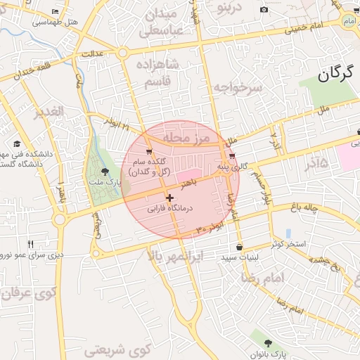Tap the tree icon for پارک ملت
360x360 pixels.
(x=105, y=171)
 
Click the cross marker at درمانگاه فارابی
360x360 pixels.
(x=169, y=198)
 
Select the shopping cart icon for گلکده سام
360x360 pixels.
(x=148, y=151)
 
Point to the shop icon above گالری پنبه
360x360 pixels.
(x=232, y=155)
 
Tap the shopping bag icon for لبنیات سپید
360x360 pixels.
(x=240, y=247)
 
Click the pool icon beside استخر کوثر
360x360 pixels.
(x=289, y=233)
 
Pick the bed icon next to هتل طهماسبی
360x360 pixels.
(x=56, y=12)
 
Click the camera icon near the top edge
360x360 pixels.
(x=264, y=10)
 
